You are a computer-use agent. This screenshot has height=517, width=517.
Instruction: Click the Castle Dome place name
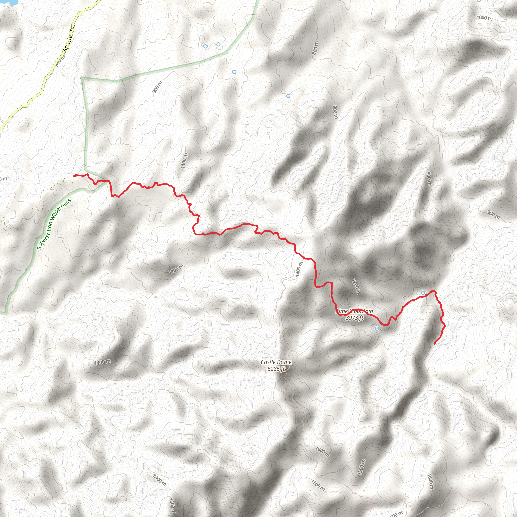pos(276,362)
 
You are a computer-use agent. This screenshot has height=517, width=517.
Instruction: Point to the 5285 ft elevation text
pos(276,369)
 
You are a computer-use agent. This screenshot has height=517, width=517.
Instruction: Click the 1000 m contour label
pos(484,18)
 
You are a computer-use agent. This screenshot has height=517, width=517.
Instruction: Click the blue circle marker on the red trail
pos(423,293)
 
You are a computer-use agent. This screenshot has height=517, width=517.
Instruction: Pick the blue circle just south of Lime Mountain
pos(377,329)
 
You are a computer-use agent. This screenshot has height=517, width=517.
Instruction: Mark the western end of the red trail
pos(75,175)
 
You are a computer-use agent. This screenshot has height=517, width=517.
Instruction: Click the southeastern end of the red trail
pos(435,344)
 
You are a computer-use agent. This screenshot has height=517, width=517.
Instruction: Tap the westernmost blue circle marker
pos(205,46)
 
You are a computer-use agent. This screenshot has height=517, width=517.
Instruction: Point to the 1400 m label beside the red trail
pos(299,269)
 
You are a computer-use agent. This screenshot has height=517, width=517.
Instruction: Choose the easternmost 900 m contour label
pos(493,214)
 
